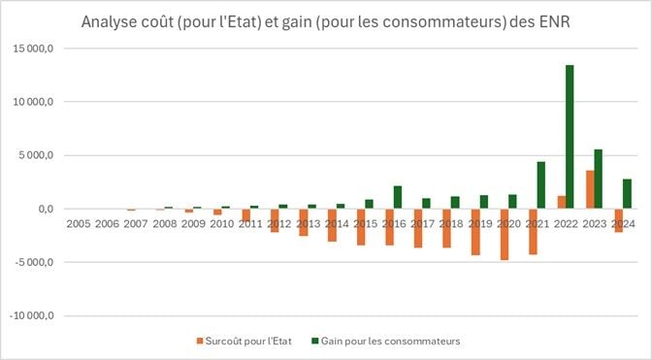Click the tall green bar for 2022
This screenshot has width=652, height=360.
click(x=570, y=137)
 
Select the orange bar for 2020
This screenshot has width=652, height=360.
click(x=505, y=234)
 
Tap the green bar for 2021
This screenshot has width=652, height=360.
click(x=540, y=184)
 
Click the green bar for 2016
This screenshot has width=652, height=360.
click(x=397, y=197)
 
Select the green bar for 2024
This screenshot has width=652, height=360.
click(x=627, y=194)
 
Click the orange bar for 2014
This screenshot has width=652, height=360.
click(x=332, y=225)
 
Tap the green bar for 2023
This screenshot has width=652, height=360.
click(x=598, y=179)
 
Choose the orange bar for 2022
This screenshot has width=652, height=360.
click(x=562, y=202)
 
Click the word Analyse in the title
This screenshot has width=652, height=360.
click(x=111, y=21)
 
